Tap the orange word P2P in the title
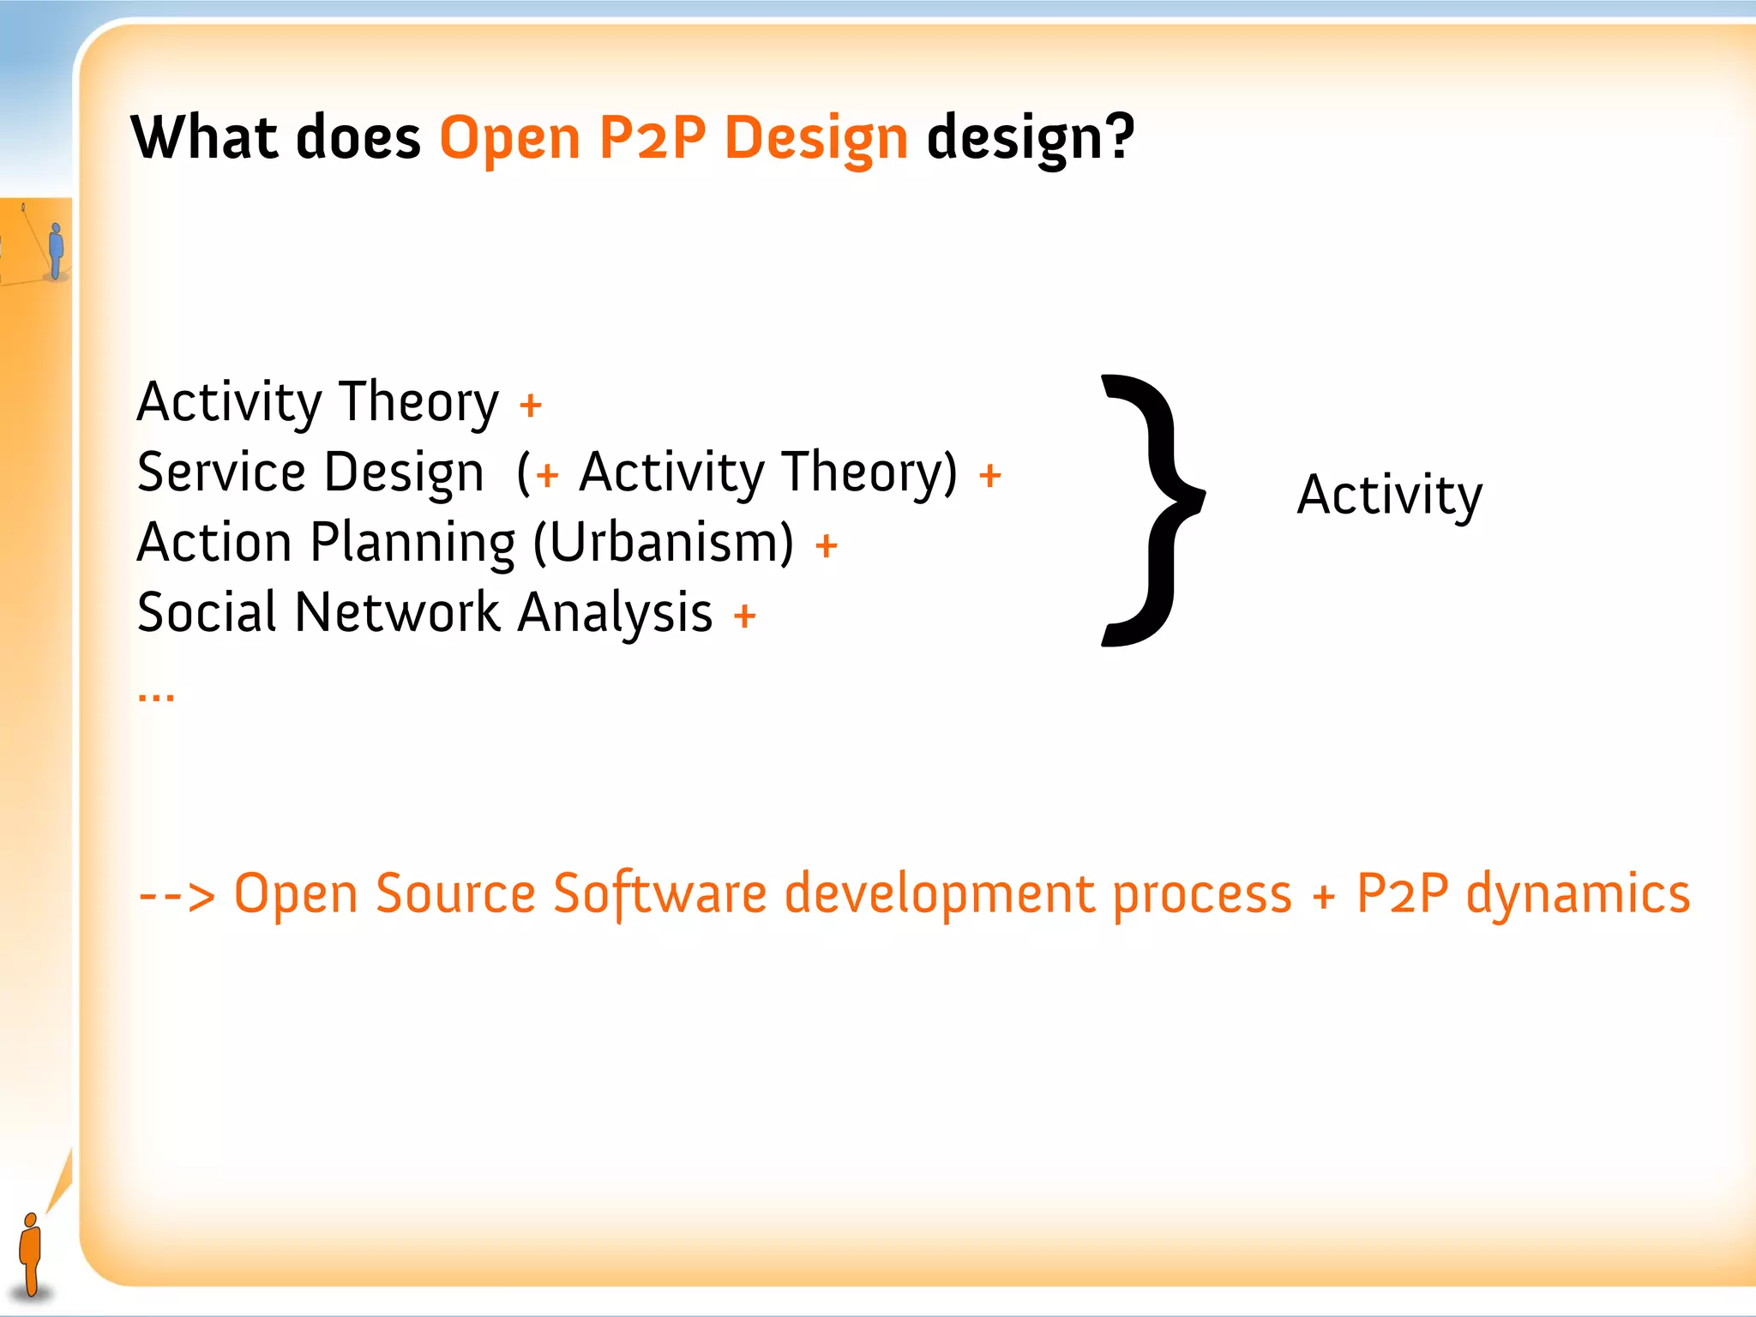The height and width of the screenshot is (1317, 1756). click(x=652, y=137)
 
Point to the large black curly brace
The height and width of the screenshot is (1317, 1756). click(x=1153, y=510)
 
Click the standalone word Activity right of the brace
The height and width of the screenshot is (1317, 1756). click(x=1389, y=496)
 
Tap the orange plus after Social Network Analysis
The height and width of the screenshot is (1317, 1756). click(x=744, y=615)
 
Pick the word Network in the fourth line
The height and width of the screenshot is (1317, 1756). click(x=397, y=613)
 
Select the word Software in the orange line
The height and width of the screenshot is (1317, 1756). click(x=659, y=894)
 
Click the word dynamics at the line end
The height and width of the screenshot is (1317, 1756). click(x=1578, y=894)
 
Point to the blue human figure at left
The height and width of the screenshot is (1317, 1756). click(x=56, y=250)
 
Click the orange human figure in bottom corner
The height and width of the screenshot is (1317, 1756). click(x=31, y=1252)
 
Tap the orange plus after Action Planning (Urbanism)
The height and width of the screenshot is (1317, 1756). click(x=826, y=545)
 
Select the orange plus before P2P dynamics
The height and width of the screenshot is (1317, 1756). click(x=1324, y=897)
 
